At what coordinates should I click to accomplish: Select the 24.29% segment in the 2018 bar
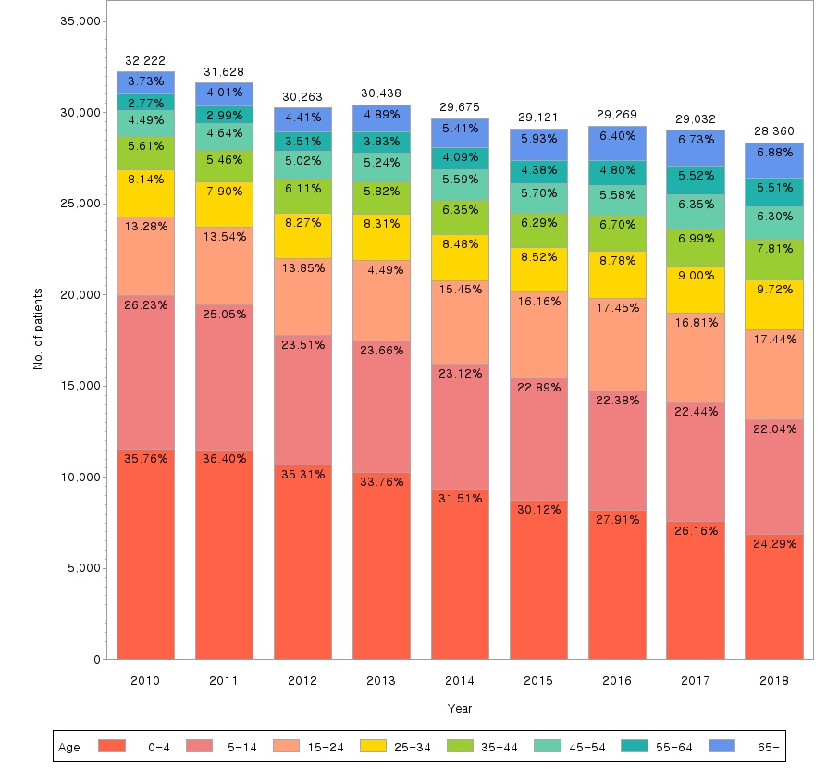[x=774, y=596]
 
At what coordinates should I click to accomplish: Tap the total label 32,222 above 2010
[x=145, y=60]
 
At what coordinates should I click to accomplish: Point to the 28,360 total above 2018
[x=774, y=131]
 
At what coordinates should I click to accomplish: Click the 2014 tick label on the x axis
[x=460, y=680]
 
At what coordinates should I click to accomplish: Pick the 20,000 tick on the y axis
[x=80, y=295]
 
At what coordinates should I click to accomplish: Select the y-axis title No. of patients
[x=38, y=329]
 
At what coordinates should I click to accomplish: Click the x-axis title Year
[x=460, y=708]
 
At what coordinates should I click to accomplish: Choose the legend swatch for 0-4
[x=110, y=746]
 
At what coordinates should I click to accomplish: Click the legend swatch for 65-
[x=721, y=746]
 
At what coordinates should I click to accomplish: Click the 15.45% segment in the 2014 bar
[x=460, y=322]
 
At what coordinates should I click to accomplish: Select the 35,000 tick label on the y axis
[x=80, y=21]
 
